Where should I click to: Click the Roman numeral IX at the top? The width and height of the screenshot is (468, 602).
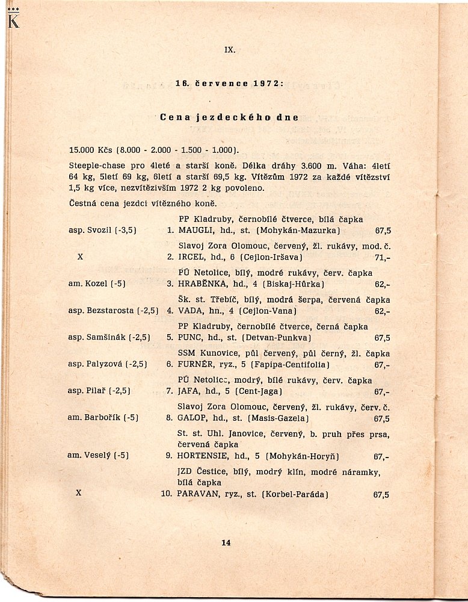(229, 51)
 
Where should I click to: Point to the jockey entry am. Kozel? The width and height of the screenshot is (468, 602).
(88, 284)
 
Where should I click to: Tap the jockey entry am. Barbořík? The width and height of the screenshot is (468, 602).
(94, 418)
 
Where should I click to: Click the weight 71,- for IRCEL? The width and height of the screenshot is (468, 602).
(382, 257)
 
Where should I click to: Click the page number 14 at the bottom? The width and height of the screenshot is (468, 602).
(226, 542)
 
